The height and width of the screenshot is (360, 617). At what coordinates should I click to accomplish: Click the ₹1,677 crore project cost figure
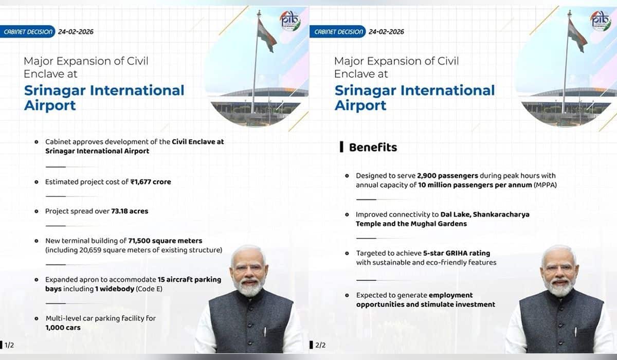point(151,182)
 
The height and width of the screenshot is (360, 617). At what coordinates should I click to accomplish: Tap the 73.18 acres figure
point(130,211)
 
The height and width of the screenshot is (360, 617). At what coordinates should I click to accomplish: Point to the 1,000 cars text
point(63,328)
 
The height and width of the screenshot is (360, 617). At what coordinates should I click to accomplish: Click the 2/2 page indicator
point(319,345)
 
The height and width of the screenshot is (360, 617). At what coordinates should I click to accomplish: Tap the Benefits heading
point(373,148)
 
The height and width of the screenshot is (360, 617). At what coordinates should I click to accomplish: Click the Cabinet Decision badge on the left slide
point(28,32)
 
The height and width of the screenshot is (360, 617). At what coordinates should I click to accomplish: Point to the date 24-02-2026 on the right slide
point(386,32)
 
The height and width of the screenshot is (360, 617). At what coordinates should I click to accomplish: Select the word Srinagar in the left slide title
point(55,91)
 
